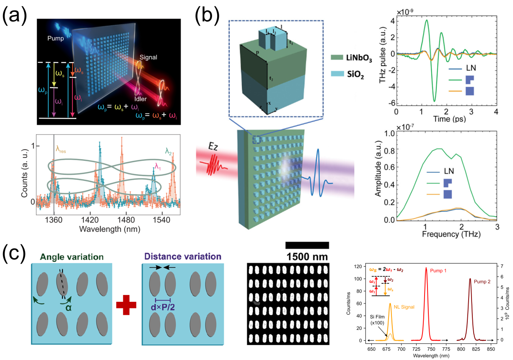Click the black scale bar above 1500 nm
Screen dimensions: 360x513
pyautogui.click(x=307, y=245)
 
